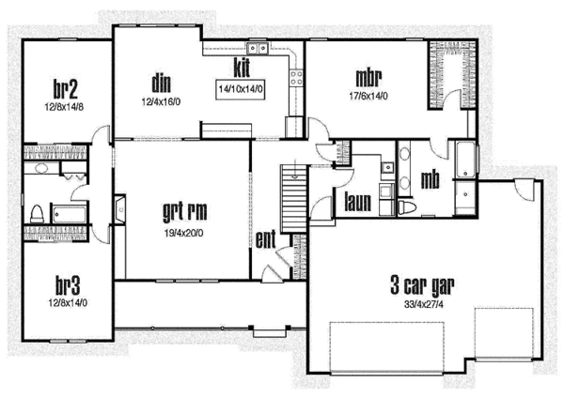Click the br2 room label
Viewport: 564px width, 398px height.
pos(65,88)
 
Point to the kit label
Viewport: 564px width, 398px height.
pos(242,67)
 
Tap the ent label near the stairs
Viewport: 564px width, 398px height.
pos(266,238)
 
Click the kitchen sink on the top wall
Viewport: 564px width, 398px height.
pos(255,50)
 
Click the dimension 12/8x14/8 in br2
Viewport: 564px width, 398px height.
pos(65,106)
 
